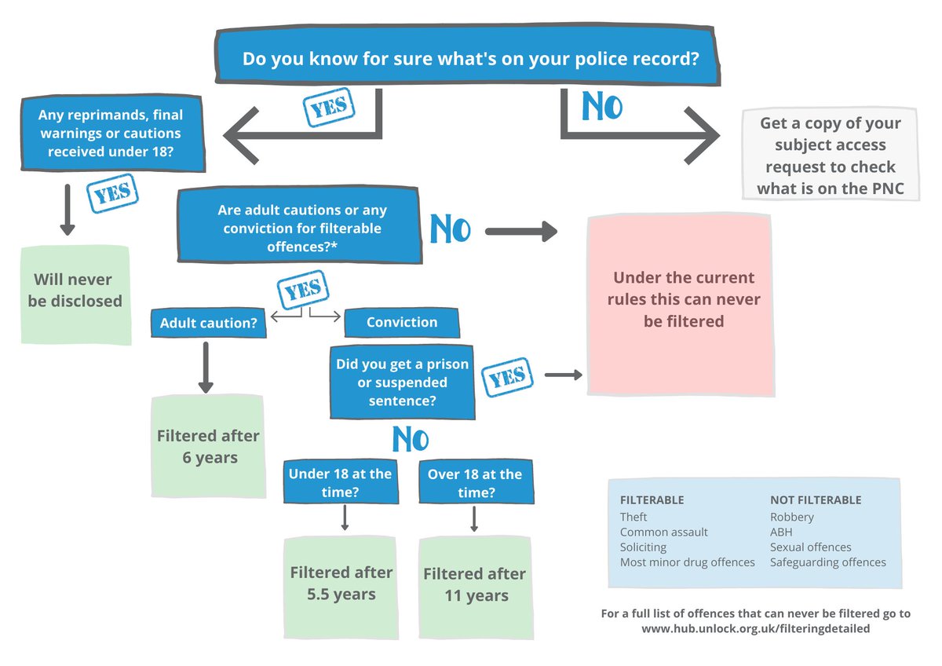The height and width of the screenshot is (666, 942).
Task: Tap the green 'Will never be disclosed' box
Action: tap(75, 291)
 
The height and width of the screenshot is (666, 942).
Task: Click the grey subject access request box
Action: tap(830, 156)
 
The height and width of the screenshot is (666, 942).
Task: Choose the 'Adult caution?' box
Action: tap(208, 323)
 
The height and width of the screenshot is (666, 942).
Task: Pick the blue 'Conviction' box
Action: tap(401, 322)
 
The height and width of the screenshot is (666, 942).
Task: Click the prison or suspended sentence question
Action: tap(402, 382)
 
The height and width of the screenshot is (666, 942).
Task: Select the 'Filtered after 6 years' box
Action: tap(208, 446)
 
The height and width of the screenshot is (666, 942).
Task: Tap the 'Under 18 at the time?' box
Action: tap(340, 483)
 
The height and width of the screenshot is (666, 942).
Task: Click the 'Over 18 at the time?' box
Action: tap(475, 483)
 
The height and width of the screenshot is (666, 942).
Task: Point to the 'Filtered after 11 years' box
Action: tap(475, 585)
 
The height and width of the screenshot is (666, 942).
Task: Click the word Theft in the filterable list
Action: tap(633, 517)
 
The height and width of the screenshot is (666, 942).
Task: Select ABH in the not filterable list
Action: tap(782, 532)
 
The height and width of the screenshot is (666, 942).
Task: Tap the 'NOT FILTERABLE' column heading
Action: tap(815, 500)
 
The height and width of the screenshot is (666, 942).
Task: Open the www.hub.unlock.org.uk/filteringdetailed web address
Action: tap(756, 629)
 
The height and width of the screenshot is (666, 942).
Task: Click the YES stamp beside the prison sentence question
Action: tap(507, 377)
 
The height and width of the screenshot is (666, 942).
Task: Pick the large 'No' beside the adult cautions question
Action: tap(450, 230)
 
